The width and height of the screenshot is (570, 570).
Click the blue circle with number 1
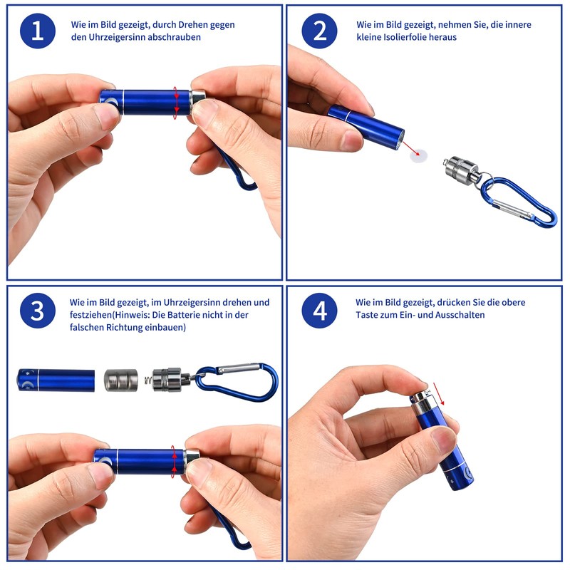click(x=37, y=31)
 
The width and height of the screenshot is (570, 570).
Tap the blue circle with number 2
click(x=319, y=31)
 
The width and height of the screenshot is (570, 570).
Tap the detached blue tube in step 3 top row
click(x=56, y=380)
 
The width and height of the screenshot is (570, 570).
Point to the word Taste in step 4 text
click(x=369, y=314)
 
